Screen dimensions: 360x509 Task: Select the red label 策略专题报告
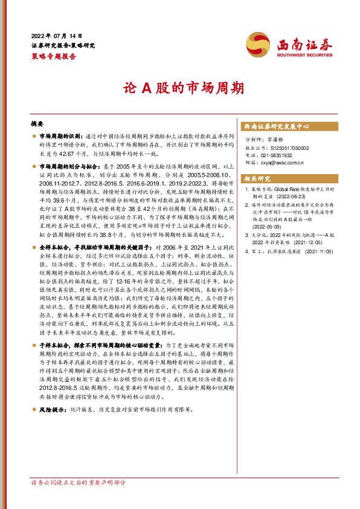point(54,56)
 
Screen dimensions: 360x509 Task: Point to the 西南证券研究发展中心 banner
point(276,127)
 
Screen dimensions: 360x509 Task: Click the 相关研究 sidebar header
point(257,178)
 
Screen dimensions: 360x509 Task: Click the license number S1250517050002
point(284,147)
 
